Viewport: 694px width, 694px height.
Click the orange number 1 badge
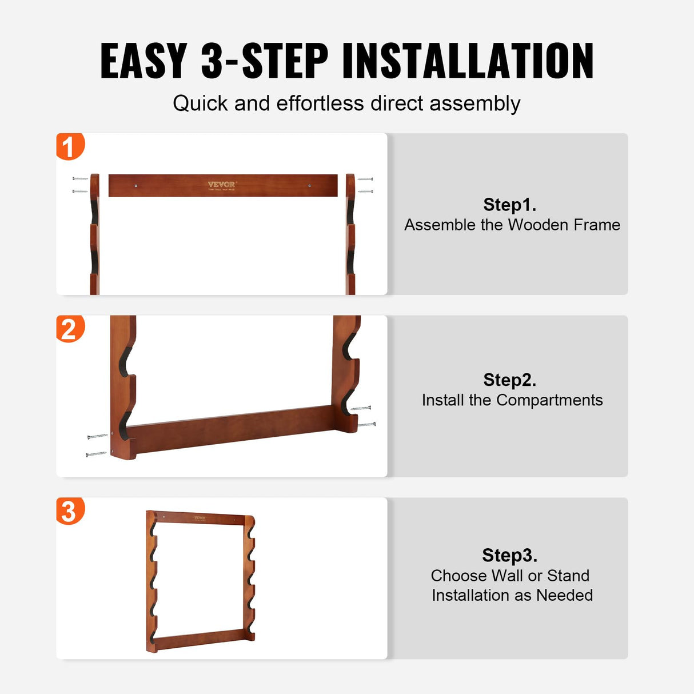pyautogui.click(x=70, y=146)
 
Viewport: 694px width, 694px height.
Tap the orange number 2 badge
pyautogui.click(x=70, y=329)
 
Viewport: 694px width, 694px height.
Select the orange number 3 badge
pyautogui.click(x=70, y=510)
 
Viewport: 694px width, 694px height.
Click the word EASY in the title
pyautogui.click(x=143, y=61)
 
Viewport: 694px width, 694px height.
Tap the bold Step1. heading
pyautogui.click(x=509, y=205)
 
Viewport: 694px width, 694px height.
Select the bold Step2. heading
pyautogui.click(x=509, y=380)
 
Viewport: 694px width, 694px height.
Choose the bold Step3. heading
pyautogui.click(x=509, y=555)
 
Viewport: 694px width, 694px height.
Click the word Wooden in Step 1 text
pyautogui.click(x=538, y=225)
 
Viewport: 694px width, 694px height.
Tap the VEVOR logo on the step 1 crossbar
pyautogui.click(x=222, y=185)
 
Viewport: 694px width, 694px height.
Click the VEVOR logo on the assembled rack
pyautogui.click(x=200, y=518)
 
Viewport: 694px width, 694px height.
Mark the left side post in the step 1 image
pyautogui.click(x=95, y=234)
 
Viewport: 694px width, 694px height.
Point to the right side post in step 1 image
pyautogui.click(x=350, y=234)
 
